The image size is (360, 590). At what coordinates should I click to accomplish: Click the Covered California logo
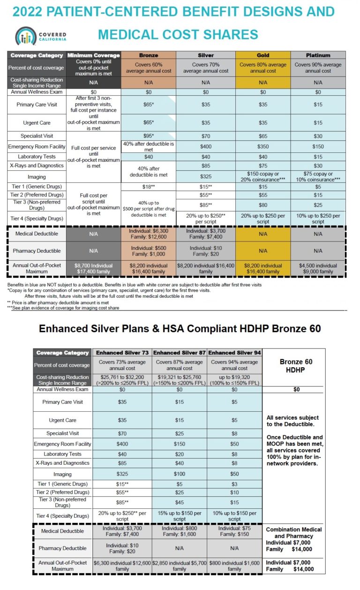coord(41,36)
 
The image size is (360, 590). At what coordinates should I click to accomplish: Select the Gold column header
coord(263,55)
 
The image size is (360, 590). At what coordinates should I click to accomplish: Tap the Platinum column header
coord(318,55)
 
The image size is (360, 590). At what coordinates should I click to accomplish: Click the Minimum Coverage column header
coord(94,55)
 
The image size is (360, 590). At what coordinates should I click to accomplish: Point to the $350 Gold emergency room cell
coord(263,146)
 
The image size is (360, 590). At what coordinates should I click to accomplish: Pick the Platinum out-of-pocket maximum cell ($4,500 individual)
coord(318,268)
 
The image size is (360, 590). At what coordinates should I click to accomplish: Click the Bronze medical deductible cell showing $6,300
coord(149,234)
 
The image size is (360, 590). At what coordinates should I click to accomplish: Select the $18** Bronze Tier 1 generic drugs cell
coord(149,187)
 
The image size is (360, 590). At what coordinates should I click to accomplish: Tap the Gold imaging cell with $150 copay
coord(263,177)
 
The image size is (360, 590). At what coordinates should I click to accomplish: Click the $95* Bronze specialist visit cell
coord(149,136)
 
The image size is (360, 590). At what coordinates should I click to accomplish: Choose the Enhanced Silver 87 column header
coord(179,353)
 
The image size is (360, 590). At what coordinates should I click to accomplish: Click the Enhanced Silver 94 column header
coord(234,353)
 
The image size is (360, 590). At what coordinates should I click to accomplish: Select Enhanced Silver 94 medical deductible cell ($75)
coord(234,531)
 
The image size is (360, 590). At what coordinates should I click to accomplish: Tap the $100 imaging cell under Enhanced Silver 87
coord(179,474)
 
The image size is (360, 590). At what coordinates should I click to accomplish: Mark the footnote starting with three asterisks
coord(63,308)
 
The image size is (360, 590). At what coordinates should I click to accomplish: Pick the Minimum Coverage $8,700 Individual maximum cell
coord(94,268)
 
